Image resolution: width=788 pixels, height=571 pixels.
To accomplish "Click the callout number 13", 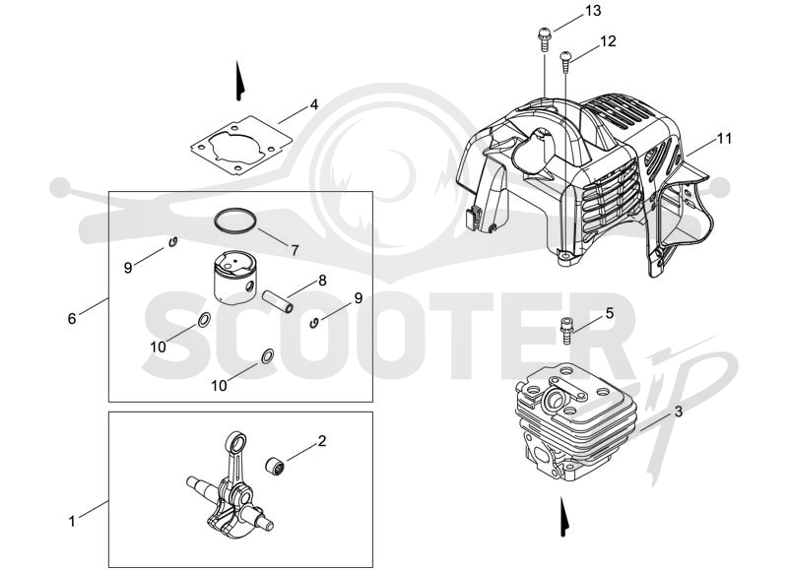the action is tap(593, 11).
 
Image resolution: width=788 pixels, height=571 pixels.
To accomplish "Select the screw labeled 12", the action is tap(565, 60).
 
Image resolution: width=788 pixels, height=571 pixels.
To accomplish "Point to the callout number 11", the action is tap(724, 138).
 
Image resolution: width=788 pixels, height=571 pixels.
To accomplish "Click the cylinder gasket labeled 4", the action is tap(241, 146).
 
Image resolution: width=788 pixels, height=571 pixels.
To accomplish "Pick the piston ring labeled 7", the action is tap(235, 221).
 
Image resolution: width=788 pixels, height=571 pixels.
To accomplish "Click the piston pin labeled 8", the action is tap(278, 301).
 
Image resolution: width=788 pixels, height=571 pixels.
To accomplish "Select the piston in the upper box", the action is tap(234, 278).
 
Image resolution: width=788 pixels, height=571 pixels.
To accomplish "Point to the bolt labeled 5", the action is tap(565, 331).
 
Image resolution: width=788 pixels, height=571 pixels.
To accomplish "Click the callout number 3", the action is tap(679, 412).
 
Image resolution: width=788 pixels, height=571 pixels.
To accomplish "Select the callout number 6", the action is tap(72, 318).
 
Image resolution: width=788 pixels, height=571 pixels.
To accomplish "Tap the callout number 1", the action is tap(72, 521).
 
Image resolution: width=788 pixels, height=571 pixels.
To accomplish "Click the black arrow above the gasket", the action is tap(239, 81).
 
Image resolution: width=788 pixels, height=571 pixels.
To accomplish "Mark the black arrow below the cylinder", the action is tap(564, 517).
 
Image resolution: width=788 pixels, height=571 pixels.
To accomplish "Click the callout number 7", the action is tap(295, 250).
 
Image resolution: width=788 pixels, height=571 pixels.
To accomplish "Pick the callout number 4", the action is tap(314, 105).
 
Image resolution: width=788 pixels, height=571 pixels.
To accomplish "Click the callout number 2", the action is tap(322, 441).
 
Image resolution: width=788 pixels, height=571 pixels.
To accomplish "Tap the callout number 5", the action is tap(610, 313).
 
